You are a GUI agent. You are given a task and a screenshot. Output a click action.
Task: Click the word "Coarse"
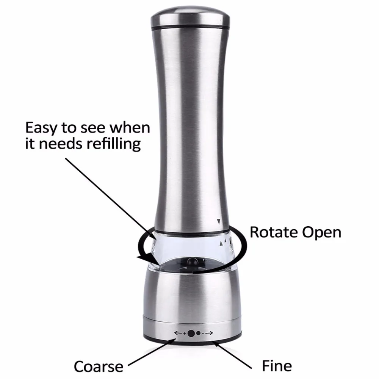(98, 366)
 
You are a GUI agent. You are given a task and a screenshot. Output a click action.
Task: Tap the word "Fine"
(277, 366)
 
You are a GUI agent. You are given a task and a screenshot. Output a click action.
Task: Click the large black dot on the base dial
(192, 334)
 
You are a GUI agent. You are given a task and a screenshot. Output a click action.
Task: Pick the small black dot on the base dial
(199, 334)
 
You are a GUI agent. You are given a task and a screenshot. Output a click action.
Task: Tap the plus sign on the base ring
(185, 334)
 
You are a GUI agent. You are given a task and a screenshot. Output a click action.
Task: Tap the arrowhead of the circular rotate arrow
(143, 258)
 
